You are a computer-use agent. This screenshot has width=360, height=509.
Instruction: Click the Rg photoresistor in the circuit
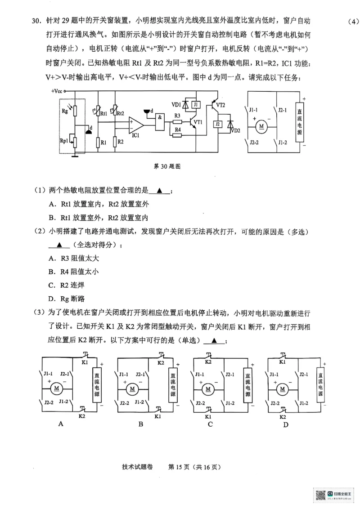coord(76,111)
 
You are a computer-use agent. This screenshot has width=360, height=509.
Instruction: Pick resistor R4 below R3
coord(177,131)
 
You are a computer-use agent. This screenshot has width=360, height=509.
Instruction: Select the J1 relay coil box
coord(195,105)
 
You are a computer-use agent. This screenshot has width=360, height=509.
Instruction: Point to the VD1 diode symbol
coord(185,105)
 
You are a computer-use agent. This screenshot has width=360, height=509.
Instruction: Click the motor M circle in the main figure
coord(261,126)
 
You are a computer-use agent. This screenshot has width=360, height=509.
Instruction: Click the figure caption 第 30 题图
coord(167,166)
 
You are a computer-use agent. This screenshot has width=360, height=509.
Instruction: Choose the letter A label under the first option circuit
coord(61,424)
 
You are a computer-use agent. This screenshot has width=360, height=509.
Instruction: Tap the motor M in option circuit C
coord(208,388)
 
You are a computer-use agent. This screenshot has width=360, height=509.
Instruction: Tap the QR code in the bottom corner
coord(320,495)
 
